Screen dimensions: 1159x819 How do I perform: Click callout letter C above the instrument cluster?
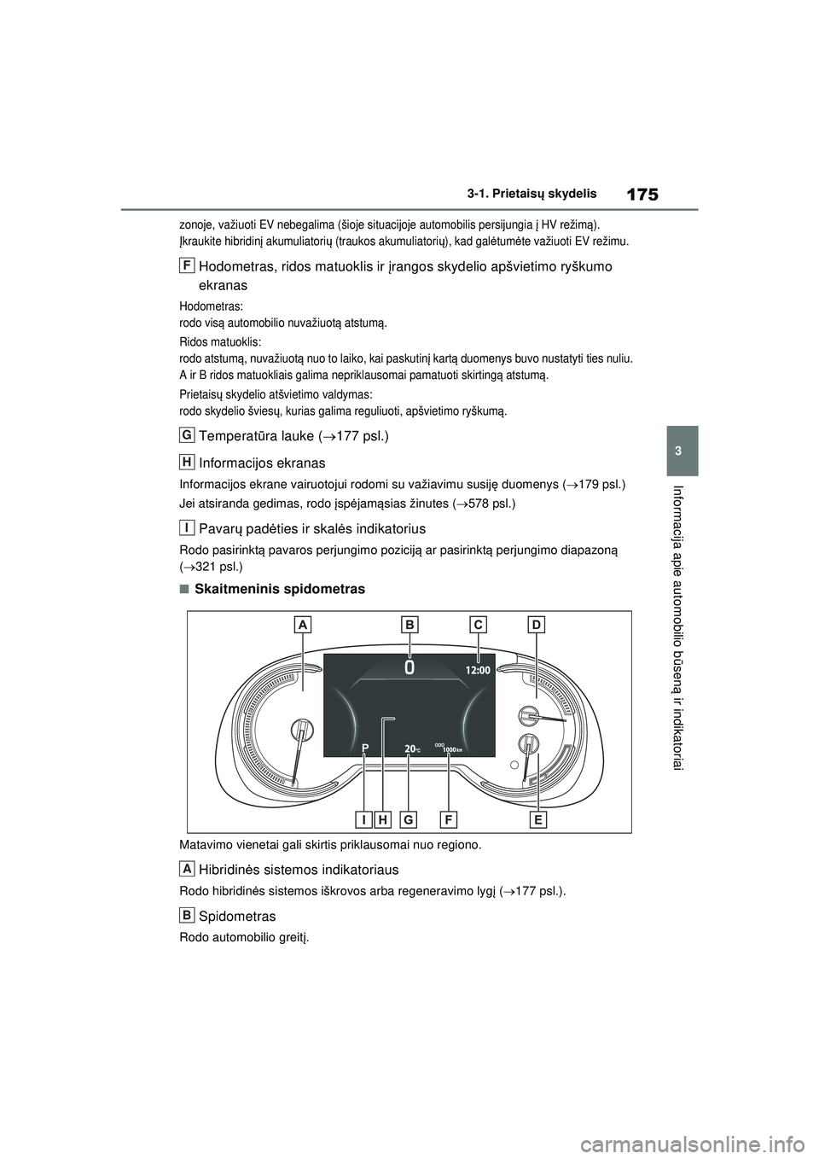click(479, 625)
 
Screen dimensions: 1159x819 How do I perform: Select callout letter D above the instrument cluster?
click(536, 625)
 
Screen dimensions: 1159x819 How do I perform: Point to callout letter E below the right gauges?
click(537, 819)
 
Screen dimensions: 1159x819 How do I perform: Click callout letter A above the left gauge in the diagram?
click(302, 625)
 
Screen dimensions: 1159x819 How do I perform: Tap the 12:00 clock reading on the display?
click(478, 670)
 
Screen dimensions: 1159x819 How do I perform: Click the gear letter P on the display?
click(364, 748)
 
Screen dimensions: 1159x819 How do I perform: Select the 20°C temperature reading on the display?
click(411, 748)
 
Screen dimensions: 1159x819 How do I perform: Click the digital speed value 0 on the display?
click(410, 667)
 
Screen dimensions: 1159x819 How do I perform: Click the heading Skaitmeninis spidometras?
click(280, 589)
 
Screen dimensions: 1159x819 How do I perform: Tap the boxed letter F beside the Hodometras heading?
click(186, 265)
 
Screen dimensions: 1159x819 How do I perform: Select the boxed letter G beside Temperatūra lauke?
click(186, 435)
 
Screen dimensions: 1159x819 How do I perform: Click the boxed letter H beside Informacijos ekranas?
click(186, 462)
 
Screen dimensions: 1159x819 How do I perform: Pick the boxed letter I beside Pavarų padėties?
click(186, 527)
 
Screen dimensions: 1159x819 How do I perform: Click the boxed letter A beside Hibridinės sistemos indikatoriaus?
click(186, 868)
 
